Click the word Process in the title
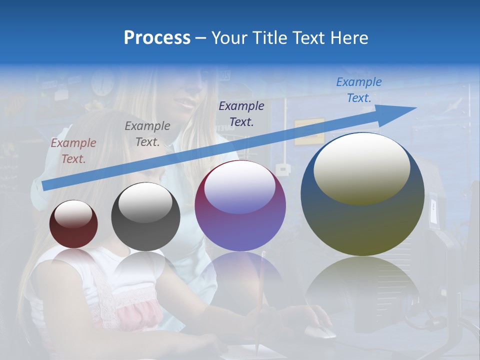pos(157,38)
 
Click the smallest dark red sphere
pos(73,224)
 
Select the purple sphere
pos(240,205)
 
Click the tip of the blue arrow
pos(415,108)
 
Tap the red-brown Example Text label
pos(73,151)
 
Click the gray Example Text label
pos(147,134)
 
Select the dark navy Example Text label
pos(241,113)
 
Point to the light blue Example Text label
pos(359,90)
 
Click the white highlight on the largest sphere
pos(361,167)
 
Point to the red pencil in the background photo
pos(260,300)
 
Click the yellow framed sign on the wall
pos(309,131)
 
